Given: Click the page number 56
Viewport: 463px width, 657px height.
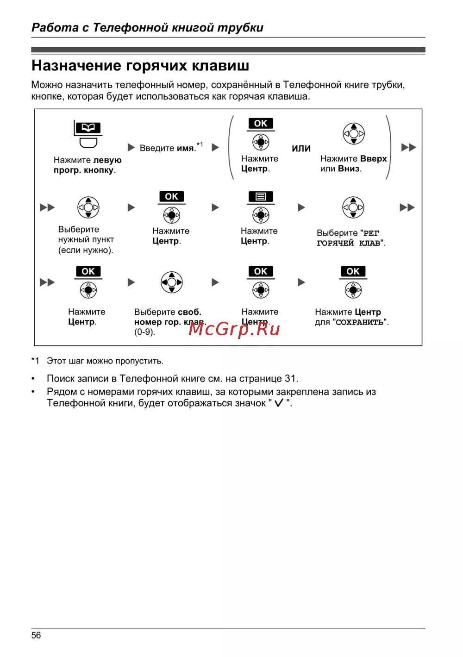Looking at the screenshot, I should tap(36, 635).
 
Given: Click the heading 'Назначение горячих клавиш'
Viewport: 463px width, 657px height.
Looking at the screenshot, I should tap(140, 66).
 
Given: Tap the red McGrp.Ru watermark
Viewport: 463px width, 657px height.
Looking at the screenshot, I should tap(234, 329).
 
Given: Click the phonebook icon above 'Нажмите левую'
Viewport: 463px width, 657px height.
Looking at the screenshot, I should tap(88, 127).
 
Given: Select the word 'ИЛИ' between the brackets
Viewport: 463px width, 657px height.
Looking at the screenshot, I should tap(301, 149).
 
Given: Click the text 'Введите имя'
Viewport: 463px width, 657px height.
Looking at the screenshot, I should tap(167, 148).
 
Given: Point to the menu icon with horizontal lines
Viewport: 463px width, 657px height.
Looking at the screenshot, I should tap(261, 197).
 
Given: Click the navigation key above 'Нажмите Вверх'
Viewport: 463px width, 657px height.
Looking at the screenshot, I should tap(354, 134).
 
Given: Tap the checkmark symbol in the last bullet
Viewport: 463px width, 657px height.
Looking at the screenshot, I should tap(279, 403).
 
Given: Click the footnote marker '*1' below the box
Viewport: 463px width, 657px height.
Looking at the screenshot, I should tap(36, 361).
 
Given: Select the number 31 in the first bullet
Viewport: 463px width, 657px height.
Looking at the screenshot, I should tap(290, 379).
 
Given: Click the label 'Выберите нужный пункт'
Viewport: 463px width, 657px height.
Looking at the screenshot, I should tap(86, 239).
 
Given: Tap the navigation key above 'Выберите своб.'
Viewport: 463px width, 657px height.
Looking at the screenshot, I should tap(172, 282).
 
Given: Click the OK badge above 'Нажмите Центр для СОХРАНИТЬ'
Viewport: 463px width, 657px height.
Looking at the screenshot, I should tap(353, 271).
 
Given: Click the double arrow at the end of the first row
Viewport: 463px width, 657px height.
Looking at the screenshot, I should tap(408, 148).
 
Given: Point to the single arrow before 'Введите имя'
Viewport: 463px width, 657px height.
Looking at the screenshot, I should tap(131, 148).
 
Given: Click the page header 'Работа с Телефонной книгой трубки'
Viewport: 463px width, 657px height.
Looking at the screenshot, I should tap(147, 28).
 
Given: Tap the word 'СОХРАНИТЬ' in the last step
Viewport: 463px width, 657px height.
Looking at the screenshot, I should tap(359, 322).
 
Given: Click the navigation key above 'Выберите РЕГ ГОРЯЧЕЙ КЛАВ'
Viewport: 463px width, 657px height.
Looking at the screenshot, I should tap(353, 207).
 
